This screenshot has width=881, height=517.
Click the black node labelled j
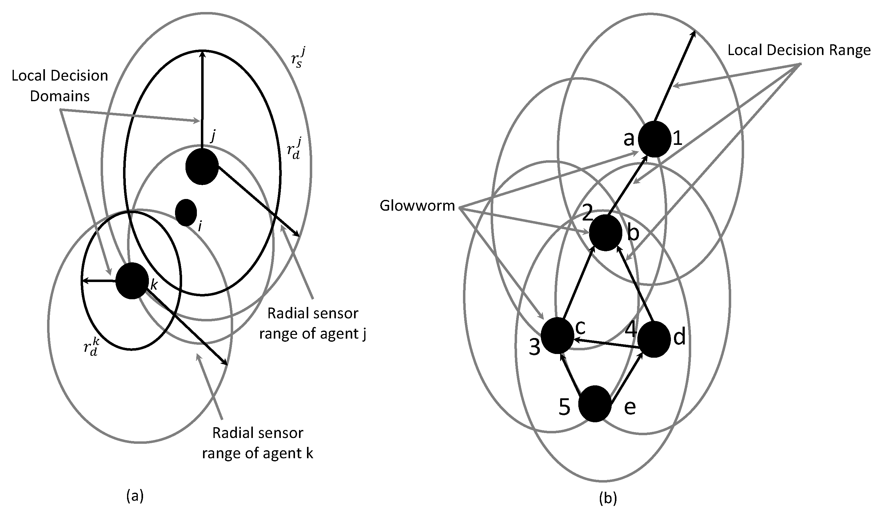pos(202,166)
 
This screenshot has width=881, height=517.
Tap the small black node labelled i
pos(185,213)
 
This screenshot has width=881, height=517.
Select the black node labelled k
pos(132,281)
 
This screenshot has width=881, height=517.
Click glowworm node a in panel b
pos(654,139)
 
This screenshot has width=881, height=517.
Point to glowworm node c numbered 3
pos(557,336)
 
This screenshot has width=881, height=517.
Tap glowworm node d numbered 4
pos(653,339)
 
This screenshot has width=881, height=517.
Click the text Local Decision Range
pos(799,50)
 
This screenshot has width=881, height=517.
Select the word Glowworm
pos(417,206)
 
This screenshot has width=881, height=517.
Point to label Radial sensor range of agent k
pos(258,443)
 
